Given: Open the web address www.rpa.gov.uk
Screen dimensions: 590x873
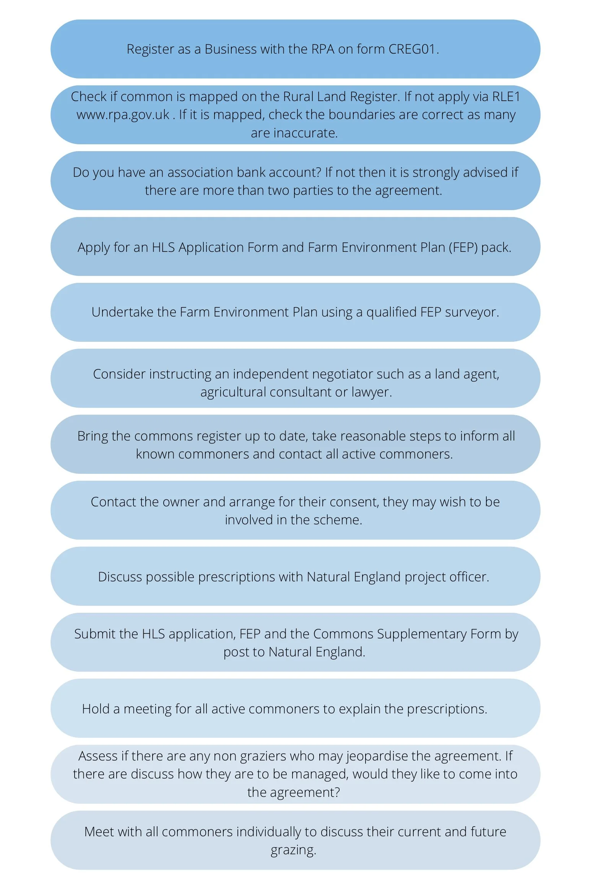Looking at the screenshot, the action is tap(123, 115).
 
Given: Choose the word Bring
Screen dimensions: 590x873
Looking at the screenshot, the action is tap(93, 436).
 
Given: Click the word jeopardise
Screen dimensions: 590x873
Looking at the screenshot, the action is tap(377, 756).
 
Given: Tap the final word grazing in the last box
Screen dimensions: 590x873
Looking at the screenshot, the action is tap(293, 850).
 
